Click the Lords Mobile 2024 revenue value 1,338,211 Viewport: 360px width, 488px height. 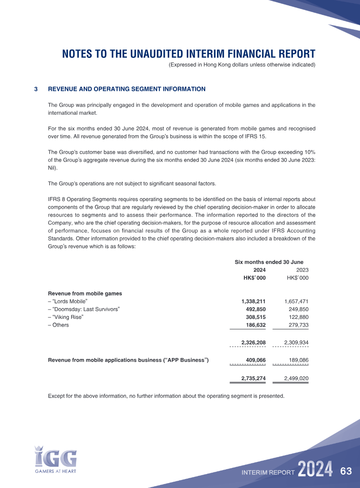click(253, 301)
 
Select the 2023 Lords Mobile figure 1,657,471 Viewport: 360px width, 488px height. click(296, 301)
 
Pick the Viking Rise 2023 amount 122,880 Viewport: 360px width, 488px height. click(298, 317)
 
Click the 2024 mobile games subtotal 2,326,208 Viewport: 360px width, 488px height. click(253, 343)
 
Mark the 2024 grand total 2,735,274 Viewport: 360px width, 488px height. click(253, 379)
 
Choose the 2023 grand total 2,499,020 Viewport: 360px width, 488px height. click(296, 379)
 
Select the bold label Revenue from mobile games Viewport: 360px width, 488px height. click(85, 294)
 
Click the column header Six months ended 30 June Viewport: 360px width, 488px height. click(269, 262)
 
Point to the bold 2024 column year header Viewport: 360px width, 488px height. click(260, 270)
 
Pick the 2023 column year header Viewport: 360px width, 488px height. click(302, 270)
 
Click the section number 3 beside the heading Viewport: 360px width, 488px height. click(36, 89)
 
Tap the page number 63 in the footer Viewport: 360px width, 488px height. click(346, 471)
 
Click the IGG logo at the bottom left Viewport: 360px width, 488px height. click(55, 459)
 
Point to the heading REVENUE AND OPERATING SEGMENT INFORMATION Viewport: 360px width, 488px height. click(126, 89)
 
